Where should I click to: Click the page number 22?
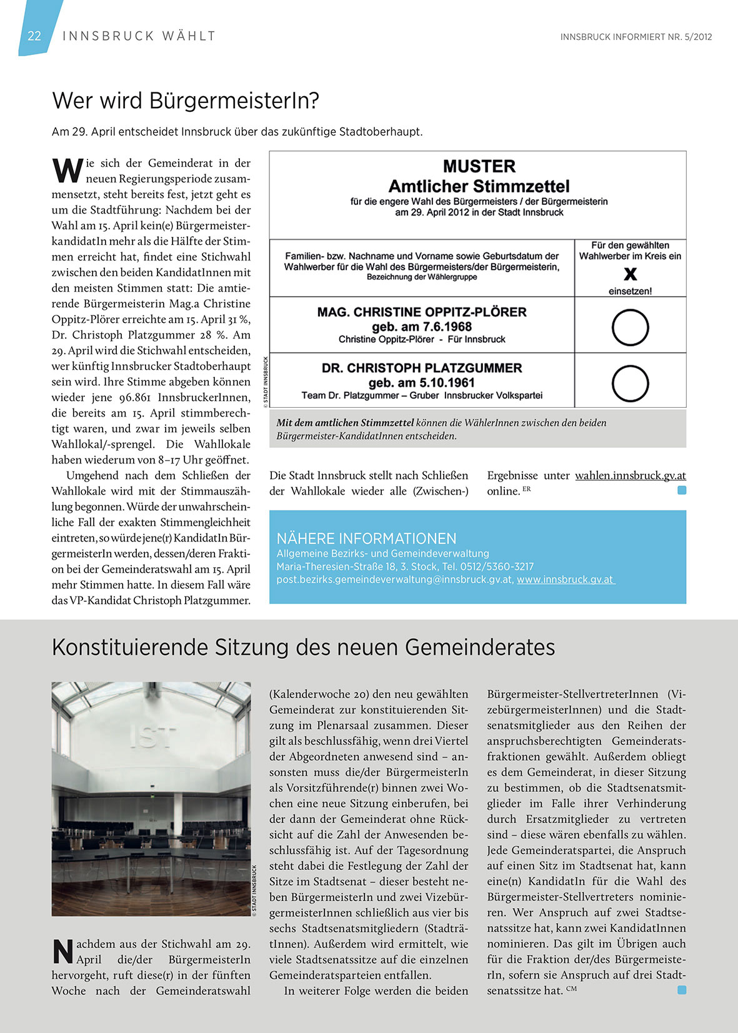click(34, 36)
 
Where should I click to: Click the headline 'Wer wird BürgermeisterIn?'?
click(186, 101)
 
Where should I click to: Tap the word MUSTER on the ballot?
click(479, 167)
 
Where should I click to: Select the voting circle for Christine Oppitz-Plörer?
click(630, 327)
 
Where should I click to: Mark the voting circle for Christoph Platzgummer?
click(630, 383)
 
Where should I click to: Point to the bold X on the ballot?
click(631, 274)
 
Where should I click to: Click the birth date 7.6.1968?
click(448, 327)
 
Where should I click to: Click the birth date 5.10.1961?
click(448, 383)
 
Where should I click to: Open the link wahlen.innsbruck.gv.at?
click(630, 475)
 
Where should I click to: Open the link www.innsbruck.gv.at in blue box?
click(566, 580)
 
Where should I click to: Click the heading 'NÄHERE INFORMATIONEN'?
click(366, 538)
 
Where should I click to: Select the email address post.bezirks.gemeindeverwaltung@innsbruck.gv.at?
click(395, 580)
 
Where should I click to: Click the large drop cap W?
click(67, 170)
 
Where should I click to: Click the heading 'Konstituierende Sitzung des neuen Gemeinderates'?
click(303, 648)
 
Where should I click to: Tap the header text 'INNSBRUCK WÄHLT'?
click(139, 36)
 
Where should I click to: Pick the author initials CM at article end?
click(571, 988)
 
